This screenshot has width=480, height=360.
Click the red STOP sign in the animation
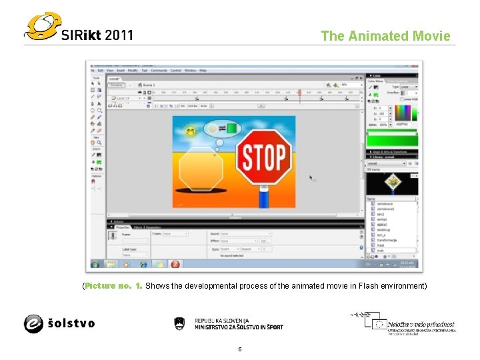(x=265, y=157)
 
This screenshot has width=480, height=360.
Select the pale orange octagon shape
(x=201, y=169)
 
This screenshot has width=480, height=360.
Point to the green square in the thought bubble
(x=232, y=127)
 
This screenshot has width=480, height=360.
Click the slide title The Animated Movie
(x=385, y=36)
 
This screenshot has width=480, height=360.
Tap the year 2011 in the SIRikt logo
(x=118, y=35)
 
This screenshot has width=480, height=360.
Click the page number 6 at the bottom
(x=239, y=349)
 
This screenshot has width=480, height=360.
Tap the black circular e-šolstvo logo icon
(x=33, y=323)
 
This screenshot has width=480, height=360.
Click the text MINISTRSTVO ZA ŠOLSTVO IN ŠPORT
(x=238, y=327)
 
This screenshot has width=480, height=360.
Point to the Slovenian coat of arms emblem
(x=179, y=323)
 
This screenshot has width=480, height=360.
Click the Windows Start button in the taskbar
(x=95, y=264)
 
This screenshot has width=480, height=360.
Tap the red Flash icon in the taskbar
(x=175, y=264)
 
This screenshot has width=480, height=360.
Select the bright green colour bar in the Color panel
(x=392, y=139)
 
